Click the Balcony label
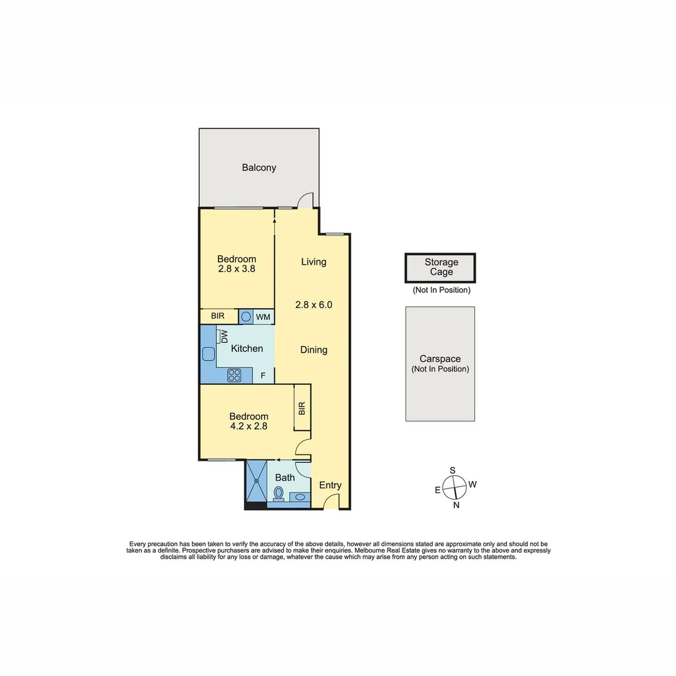tap(259, 168)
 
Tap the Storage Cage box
tap(441, 268)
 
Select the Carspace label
tap(440, 359)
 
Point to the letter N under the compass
tap(456, 506)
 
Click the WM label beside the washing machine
tap(263, 317)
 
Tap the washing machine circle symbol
tap(247, 317)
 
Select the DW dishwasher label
tap(223, 336)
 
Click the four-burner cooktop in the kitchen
tap(235, 375)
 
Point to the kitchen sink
tap(208, 354)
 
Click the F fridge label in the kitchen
tap(264, 376)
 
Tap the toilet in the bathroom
tap(279, 494)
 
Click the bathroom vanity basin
tap(300, 498)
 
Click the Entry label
tap(330, 485)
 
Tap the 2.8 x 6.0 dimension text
tap(314, 305)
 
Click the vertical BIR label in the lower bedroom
tap(302, 409)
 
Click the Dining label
tap(314, 350)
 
